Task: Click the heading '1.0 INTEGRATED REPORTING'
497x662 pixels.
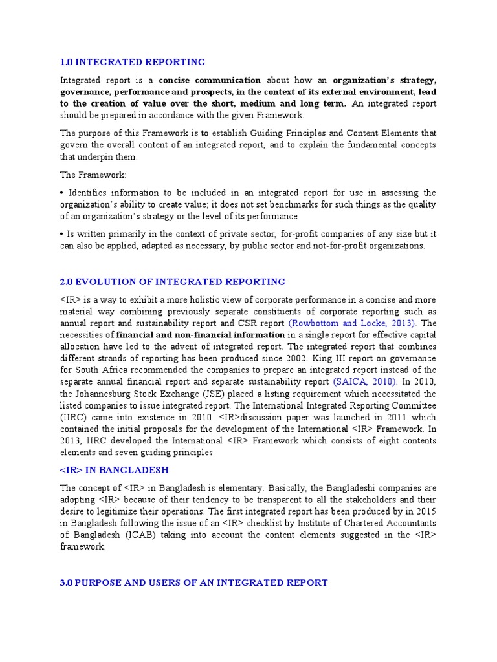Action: pos(133,62)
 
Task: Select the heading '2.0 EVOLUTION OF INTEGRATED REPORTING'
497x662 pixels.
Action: pos(172,281)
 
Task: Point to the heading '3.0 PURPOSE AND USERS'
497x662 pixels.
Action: pos(193,582)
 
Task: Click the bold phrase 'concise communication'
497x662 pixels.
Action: pos(210,80)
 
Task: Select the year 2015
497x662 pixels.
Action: pos(425,511)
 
